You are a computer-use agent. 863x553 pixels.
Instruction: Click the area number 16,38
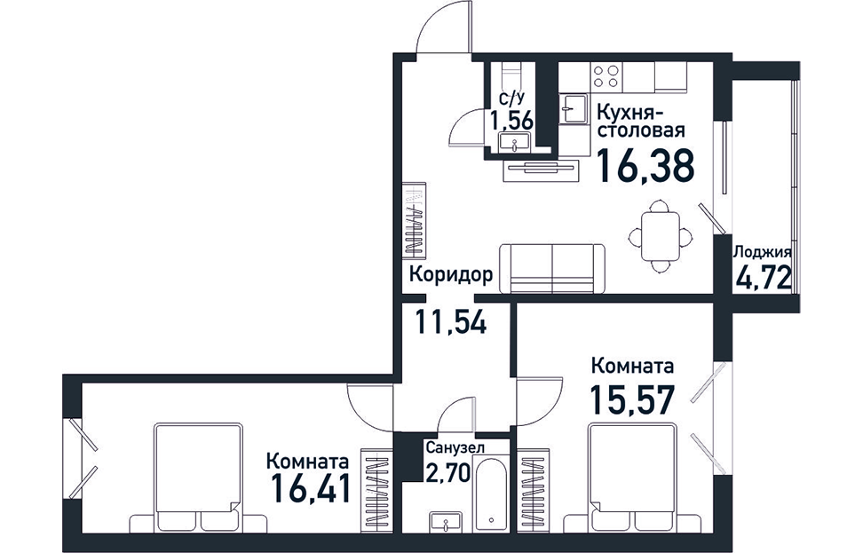pyautogui.click(x=645, y=166)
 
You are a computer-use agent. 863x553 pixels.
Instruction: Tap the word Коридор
pyautogui.click(x=451, y=274)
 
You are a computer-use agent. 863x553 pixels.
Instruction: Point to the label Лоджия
pyautogui.click(x=763, y=253)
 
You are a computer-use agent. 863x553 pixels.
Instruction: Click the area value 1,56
pyautogui.click(x=512, y=119)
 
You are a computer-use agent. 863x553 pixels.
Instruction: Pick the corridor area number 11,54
pyautogui.click(x=451, y=322)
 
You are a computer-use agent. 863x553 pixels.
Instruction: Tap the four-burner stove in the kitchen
pyautogui.click(x=606, y=76)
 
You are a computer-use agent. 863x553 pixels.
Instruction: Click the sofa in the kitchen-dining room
pyautogui.click(x=552, y=269)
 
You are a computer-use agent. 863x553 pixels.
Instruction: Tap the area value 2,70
pyautogui.click(x=448, y=471)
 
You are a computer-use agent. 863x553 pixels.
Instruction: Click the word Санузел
pyautogui.click(x=455, y=448)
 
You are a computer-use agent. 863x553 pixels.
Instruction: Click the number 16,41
pyautogui.click(x=312, y=487)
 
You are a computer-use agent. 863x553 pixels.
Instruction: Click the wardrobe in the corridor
pyautogui.click(x=415, y=219)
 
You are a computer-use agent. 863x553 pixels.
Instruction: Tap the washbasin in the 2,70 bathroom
pyautogui.click(x=446, y=521)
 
